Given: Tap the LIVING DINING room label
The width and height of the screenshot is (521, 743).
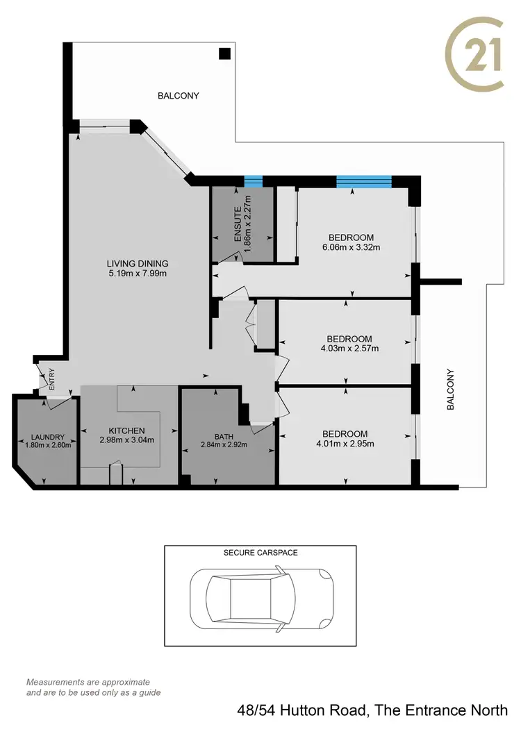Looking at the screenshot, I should tap(138, 263).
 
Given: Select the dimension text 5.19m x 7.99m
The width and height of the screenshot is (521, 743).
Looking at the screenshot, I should tap(138, 274).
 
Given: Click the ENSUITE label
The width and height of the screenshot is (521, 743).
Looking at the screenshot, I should tap(237, 224).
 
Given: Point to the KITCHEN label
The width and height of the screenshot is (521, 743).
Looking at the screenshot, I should tap(122, 431).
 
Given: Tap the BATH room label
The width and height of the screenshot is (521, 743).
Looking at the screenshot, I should tap(224, 436).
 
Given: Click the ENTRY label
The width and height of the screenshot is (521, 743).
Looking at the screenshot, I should tap(51, 380).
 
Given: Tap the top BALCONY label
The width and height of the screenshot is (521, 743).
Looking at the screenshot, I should tap(178, 96).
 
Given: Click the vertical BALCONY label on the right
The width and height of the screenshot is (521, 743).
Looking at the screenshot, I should tap(451, 389).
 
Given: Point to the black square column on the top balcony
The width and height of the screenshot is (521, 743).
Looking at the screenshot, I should tap(224, 53).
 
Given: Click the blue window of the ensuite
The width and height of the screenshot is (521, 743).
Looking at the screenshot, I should tap(254, 182).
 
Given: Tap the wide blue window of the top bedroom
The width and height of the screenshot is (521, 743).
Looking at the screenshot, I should tap(364, 182).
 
